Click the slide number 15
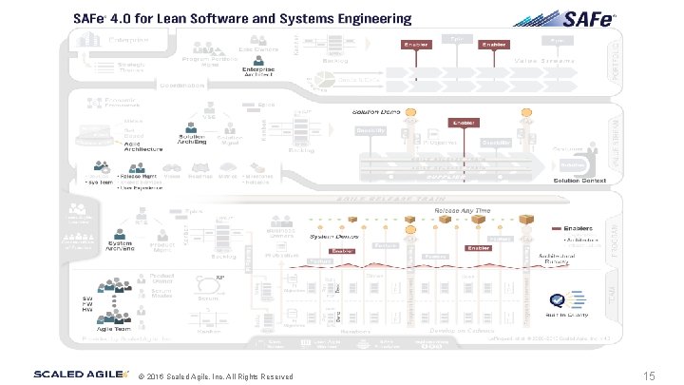coord(650,375)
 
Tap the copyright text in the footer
coord(215,377)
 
